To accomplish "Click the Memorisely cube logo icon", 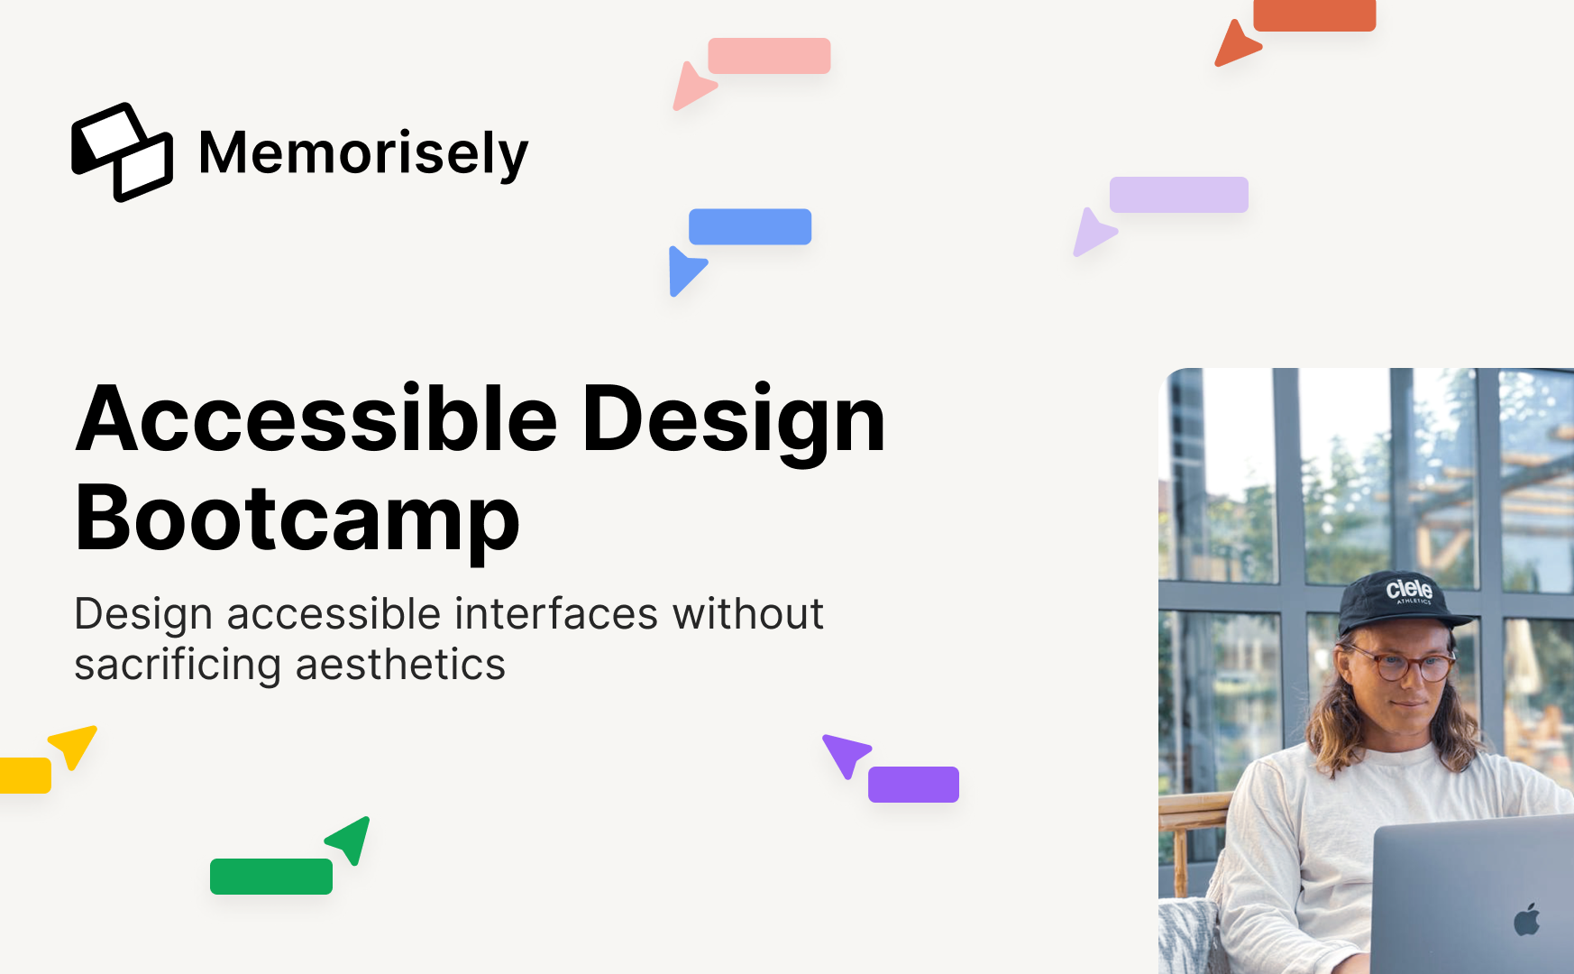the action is click(x=122, y=152).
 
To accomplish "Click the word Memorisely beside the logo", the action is click(x=363, y=152).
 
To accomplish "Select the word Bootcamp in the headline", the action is click(x=297, y=518).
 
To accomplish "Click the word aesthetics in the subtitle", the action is click(x=400, y=665).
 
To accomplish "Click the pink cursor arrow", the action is click(x=692, y=86).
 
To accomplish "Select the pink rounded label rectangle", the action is click(x=769, y=56).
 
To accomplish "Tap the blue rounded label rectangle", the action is click(x=750, y=226).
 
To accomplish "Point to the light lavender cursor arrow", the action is click(x=1093, y=232).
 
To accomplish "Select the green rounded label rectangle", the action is click(x=271, y=877).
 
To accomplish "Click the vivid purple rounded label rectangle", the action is click(x=913, y=785).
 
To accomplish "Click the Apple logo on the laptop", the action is click(x=1527, y=919).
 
